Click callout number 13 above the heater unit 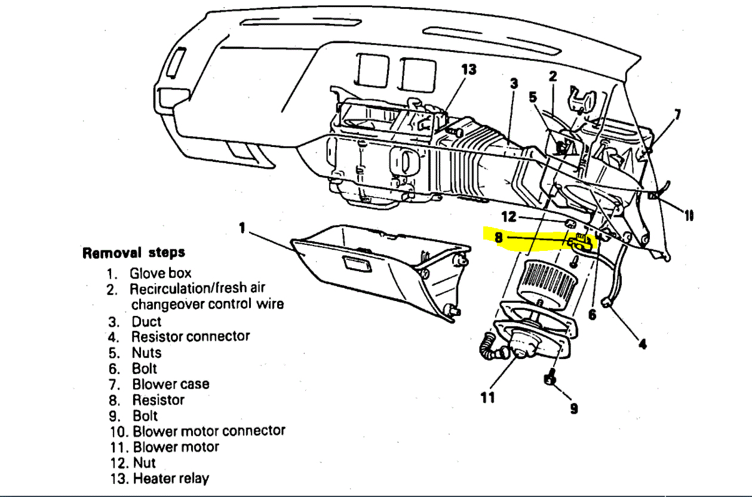click(x=469, y=70)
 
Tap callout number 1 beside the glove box click(x=242, y=228)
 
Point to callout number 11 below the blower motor click(x=488, y=397)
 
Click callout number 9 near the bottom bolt click(x=573, y=409)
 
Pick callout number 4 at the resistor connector click(x=642, y=344)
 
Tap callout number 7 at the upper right click(x=677, y=114)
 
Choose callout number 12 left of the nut click(x=508, y=217)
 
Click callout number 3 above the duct click(x=514, y=84)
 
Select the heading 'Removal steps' click(x=134, y=253)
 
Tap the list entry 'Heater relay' click(x=171, y=478)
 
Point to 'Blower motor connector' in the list click(x=208, y=431)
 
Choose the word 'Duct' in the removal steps click(x=146, y=321)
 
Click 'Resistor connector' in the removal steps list click(x=190, y=336)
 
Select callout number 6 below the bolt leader click(x=592, y=314)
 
